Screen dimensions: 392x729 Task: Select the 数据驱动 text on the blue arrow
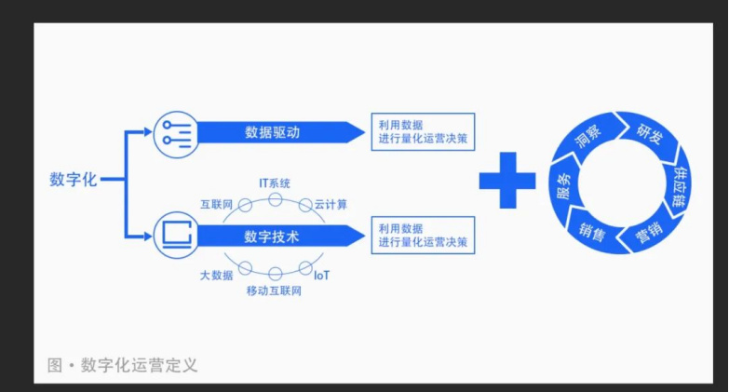coord(272,132)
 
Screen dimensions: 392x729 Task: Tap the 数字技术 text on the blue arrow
coord(272,237)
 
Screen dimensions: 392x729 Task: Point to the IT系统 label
coord(275,182)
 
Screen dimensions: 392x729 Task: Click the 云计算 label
coord(331,204)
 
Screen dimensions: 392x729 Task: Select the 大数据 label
coord(216,276)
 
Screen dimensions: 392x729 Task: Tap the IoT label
coord(321,276)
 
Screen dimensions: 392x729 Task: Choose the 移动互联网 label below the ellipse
coord(274,291)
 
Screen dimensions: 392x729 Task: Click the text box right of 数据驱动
coord(422,131)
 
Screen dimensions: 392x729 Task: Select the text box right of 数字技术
coord(422,236)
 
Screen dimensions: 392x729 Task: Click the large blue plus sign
coord(507,179)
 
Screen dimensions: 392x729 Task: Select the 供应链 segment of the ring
coord(680,182)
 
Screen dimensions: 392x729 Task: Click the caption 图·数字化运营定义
coord(122,365)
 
